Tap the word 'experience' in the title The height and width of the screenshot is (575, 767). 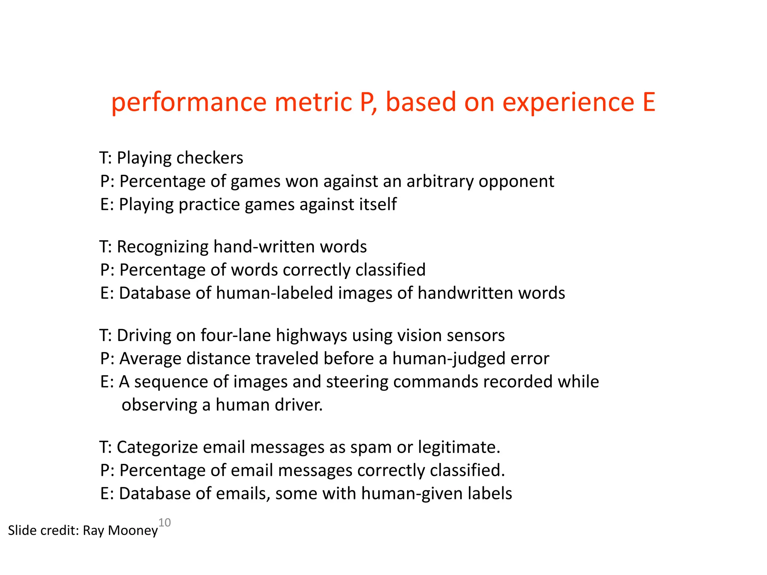pyautogui.click(x=568, y=103)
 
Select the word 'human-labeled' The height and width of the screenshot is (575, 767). pyautogui.click(x=274, y=293)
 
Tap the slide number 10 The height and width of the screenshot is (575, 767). pyautogui.click(x=165, y=522)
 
